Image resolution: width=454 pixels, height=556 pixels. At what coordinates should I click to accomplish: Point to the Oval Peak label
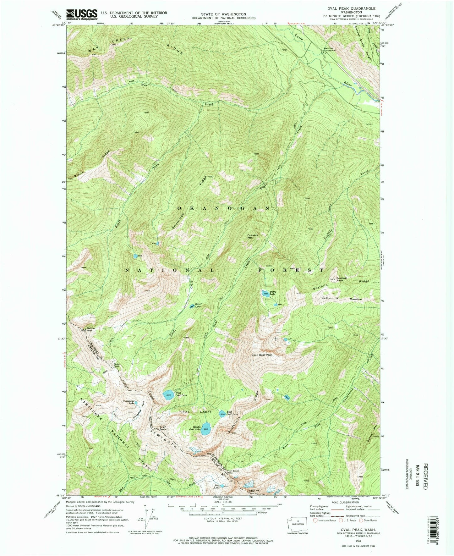tap(265, 355)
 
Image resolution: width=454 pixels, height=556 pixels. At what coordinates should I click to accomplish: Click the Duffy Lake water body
tap(265, 294)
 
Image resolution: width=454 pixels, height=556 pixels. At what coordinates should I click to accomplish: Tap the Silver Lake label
tap(198, 305)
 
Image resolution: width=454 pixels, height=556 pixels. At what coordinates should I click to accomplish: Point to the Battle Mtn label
tap(91, 329)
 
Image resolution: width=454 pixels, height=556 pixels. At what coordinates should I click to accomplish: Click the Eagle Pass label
tap(116, 366)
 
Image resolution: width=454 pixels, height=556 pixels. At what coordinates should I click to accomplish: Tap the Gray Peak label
tap(162, 428)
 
